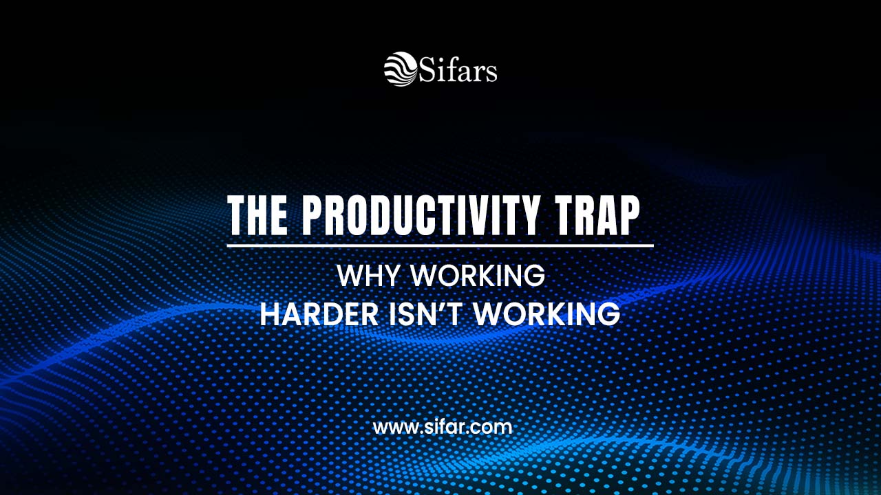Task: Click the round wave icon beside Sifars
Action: click(401, 69)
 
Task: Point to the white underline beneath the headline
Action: click(440, 245)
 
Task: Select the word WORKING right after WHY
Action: click(478, 276)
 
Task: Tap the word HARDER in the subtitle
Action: click(319, 313)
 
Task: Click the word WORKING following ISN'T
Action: click(547, 313)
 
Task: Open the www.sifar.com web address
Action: click(442, 427)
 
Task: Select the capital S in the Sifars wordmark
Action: click(427, 69)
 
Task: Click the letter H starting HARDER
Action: click(269, 313)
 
